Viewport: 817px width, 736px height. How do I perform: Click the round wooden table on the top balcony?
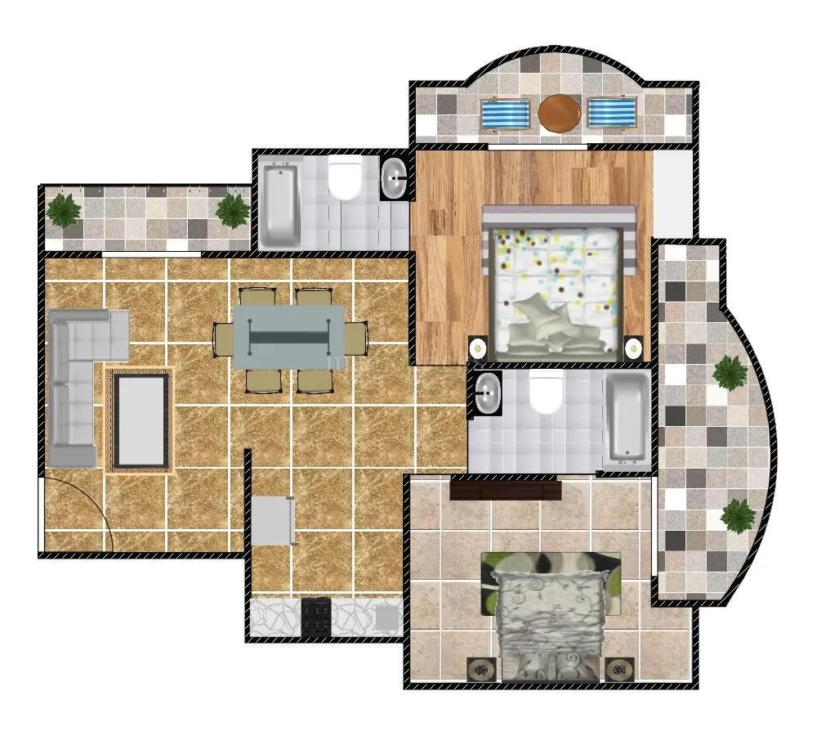pos(560,114)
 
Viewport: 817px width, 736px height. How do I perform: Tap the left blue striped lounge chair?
pos(505,114)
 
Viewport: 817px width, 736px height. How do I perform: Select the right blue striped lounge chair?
pos(613,114)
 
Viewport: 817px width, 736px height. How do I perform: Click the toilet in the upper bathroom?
pos(346,181)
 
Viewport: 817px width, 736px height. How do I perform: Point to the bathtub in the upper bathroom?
pos(280,205)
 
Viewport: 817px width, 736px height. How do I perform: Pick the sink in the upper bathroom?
pos(395,178)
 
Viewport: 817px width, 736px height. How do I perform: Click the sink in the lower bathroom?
pos(488,394)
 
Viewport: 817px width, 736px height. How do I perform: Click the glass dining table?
pos(290,336)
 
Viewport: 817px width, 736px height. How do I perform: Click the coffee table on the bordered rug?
pos(141,420)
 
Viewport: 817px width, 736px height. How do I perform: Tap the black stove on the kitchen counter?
pos(316,617)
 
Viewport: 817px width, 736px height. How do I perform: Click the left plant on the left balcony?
pos(63,210)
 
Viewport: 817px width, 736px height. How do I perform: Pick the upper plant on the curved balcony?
pos(729,373)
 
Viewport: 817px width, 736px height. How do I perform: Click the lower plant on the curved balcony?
pos(739,514)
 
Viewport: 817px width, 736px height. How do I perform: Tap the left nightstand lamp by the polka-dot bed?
pos(478,348)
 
